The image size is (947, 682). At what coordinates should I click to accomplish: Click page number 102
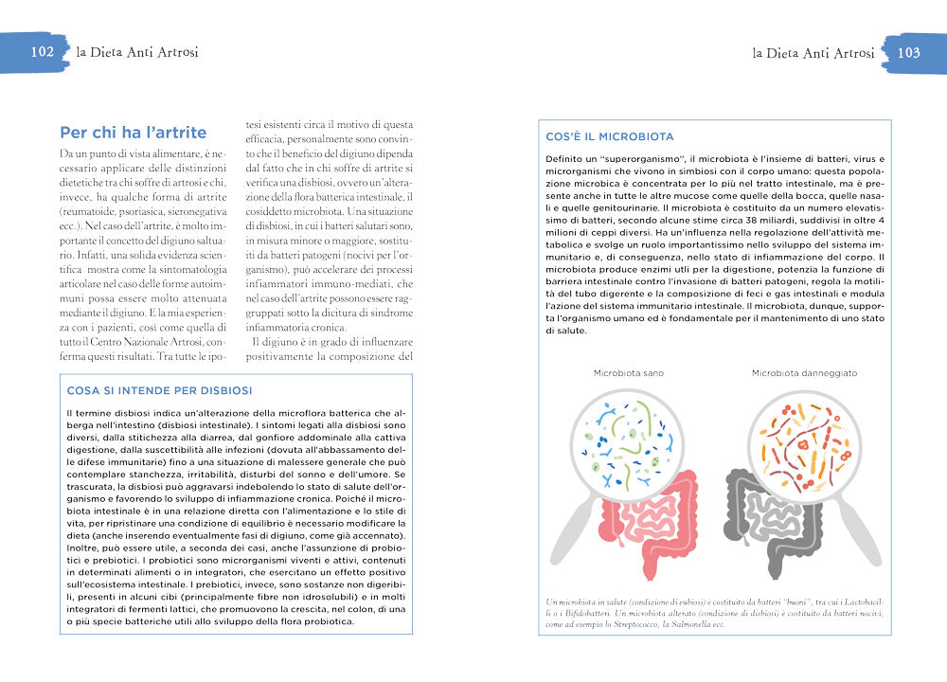(x=42, y=52)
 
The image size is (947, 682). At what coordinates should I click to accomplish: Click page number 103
(x=908, y=53)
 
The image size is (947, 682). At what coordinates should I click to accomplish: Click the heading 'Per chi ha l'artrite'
(x=133, y=133)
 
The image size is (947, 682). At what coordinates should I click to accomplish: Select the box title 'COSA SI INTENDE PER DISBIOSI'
(x=159, y=390)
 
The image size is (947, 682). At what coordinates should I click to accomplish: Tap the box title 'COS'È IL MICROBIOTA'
(x=610, y=136)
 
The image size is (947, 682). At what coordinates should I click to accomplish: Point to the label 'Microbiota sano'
(x=628, y=373)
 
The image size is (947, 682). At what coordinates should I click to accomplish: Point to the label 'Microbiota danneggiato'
(x=804, y=373)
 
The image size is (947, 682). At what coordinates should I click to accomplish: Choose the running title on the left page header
(x=137, y=52)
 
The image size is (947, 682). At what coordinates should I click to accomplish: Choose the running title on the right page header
(x=813, y=53)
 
